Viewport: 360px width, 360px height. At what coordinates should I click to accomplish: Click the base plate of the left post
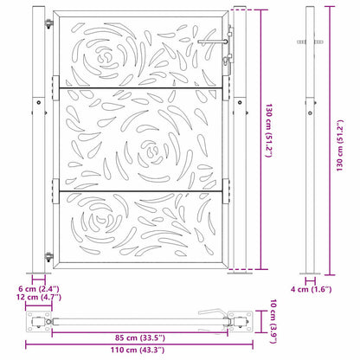(39, 275)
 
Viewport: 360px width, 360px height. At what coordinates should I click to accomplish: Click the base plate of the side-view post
(312, 275)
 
